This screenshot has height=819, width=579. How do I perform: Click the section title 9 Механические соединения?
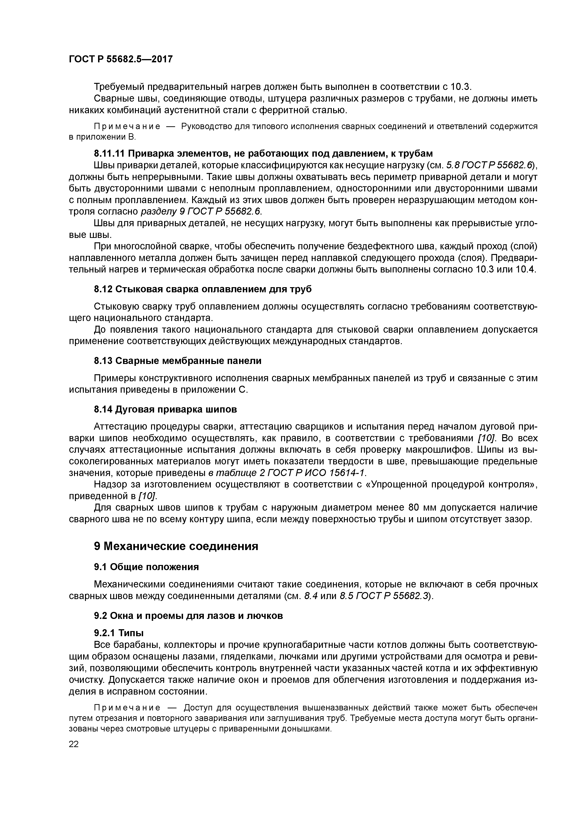[176, 546]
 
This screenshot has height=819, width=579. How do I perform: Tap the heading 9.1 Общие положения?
[146, 567]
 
